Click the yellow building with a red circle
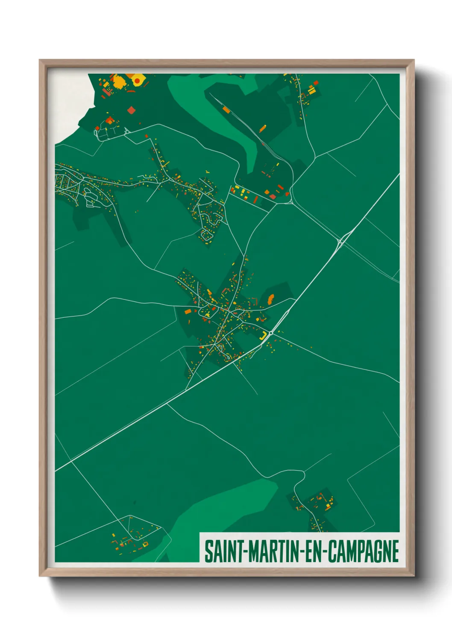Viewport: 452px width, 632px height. (x=138, y=80)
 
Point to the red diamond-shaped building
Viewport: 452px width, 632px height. (x=131, y=110)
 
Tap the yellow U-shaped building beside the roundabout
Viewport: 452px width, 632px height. (x=264, y=335)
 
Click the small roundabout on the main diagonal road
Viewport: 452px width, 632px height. (x=271, y=333)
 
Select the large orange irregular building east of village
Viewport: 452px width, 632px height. (x=270, y=298)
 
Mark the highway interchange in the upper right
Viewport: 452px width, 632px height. (x=340, y=242)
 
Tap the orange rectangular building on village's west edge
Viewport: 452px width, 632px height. (x=187, y=312)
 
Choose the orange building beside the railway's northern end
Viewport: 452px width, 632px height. (x=226, y=109)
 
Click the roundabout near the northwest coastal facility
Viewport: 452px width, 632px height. (x=127, y=132)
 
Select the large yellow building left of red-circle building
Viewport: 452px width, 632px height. (x=118, y=81)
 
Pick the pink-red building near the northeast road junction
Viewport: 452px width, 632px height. (x=273, y=197)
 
